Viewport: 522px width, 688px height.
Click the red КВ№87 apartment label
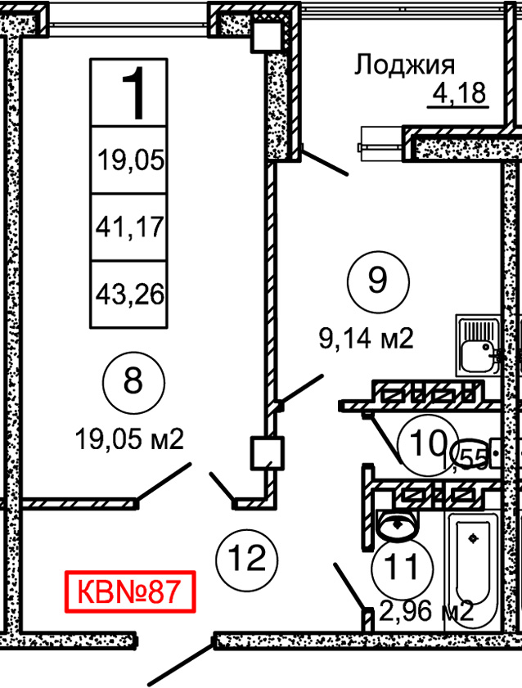pos(131,591)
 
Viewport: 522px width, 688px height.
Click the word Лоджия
pos(404,65)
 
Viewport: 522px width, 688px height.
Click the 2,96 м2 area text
pos(427,611)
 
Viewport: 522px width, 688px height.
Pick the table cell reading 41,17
pos(131,226)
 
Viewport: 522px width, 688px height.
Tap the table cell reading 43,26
pos(131,293)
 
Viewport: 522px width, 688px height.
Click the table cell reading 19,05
pos(131,160)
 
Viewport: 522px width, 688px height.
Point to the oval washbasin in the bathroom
pos(400,524)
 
